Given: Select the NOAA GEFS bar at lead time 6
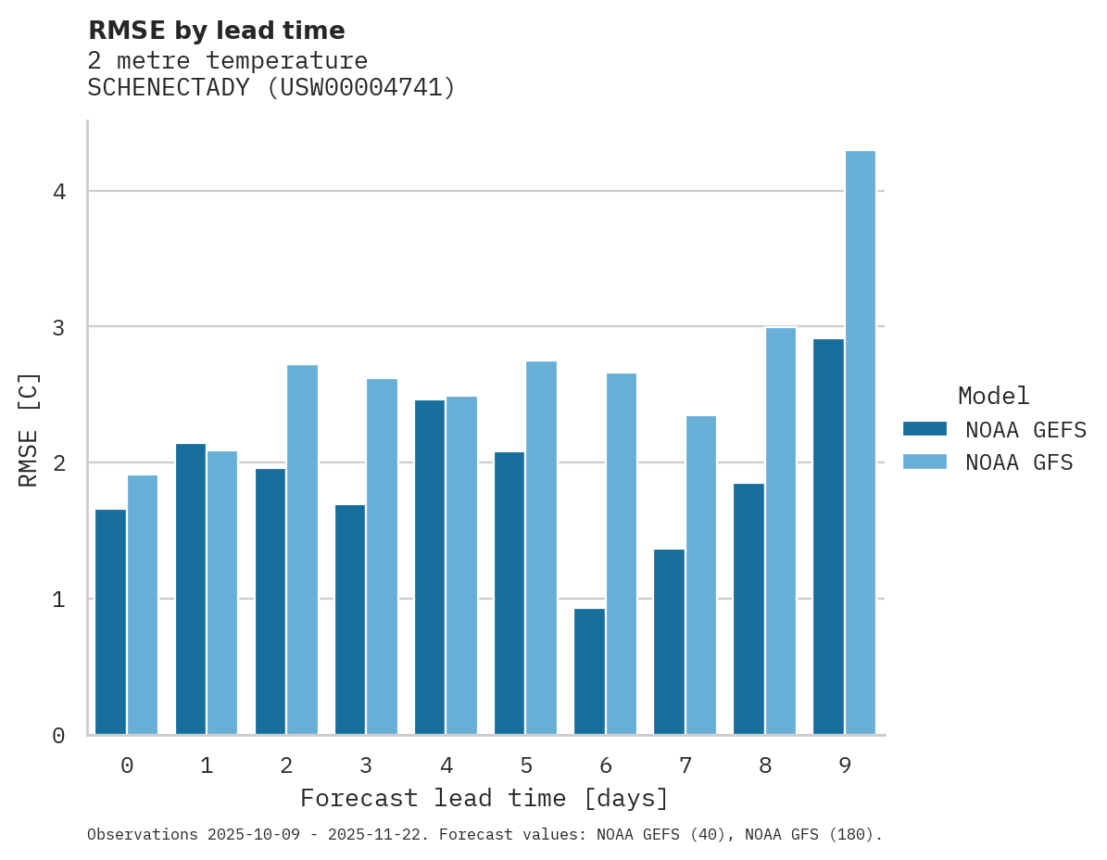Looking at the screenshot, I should point(589,671).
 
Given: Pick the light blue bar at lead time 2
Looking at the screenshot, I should point(302,550).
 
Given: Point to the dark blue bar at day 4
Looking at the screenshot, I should point(430,566).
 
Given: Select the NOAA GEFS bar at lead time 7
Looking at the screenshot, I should point(669,641).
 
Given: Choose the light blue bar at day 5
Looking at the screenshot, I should point(541,548).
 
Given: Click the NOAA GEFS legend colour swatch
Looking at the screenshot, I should point(925,429).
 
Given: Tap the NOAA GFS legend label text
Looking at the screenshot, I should point(1019,462).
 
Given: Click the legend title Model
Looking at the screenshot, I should point(993,396).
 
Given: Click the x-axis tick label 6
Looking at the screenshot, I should point(606,765).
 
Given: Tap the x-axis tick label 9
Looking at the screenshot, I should point(845,765).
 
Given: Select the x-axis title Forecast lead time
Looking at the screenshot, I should point(484,798).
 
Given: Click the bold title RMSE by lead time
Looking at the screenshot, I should point(216,31).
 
